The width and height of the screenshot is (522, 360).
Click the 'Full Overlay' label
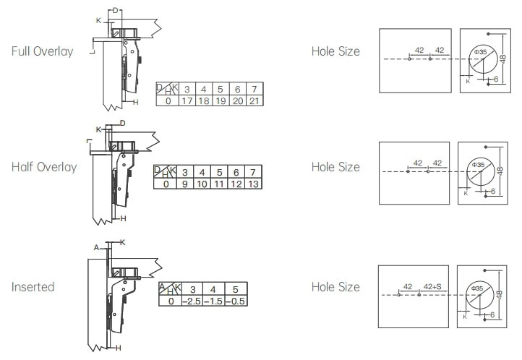click(42, 51)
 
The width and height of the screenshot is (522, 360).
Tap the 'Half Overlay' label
click(44, 167)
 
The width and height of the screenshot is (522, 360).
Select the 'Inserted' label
click(33, 287)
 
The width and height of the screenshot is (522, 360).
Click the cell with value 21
click(254, 100)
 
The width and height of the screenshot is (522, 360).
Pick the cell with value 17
click(187, 100)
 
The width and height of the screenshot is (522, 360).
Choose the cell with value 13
click(253, 184)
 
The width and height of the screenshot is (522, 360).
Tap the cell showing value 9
click(185, 184)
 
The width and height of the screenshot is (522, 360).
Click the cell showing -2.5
click(192, 301)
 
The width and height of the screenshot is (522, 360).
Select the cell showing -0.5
click(236, 301)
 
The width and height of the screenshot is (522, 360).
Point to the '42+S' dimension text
click(432, 286)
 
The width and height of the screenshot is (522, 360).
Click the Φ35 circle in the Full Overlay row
click(484, 59)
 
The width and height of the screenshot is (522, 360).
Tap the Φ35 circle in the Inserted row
click(480, 295)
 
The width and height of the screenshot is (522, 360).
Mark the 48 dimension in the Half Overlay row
click(500, 171)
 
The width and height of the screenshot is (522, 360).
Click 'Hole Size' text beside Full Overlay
click(335, 51)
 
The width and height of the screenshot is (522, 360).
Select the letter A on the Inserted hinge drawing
click(97, 247)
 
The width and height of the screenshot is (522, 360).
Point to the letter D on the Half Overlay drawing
click(122, 124)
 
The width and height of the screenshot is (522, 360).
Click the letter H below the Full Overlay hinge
click(135, 103)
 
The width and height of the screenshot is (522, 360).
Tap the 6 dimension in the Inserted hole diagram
click(492, 314)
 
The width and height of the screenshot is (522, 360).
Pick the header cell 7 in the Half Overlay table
click(253, 172)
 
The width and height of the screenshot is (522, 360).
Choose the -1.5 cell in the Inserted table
click(214, 301)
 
